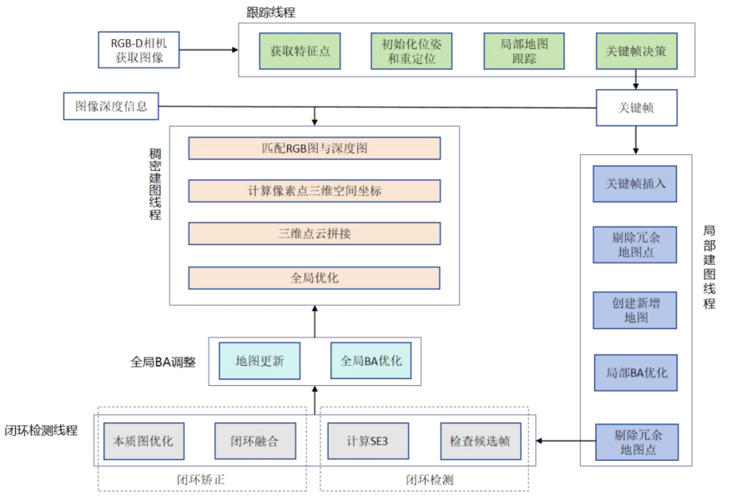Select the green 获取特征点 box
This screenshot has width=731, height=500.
[300, 51]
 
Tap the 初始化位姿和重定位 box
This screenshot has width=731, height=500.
[411, 51]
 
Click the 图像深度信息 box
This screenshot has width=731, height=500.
[111, 107]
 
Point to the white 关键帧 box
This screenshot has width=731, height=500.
[636, 107]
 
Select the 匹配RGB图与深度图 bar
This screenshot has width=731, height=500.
[314, 148]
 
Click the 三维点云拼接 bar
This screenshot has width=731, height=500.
[314, 234]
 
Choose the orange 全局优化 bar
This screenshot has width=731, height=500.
[314, 277]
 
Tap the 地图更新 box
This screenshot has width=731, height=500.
[260, 362]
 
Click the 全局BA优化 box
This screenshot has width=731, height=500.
[371, 362]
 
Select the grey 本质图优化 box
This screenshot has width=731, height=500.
[144, 441]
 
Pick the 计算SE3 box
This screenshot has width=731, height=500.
[367, 441]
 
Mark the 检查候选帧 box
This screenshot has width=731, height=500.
[480, 441]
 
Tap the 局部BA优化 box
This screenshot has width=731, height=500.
[635, 372]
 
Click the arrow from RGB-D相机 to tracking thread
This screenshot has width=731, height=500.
[208, 50]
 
